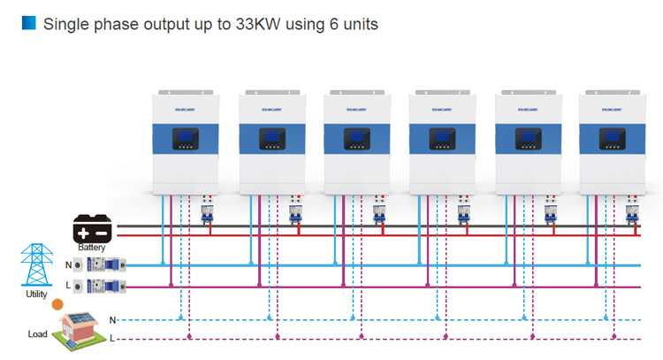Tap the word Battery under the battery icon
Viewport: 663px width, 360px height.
(x=92, y=249)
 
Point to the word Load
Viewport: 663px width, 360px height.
(x=36, y=334)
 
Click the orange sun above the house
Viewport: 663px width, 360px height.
(x=57, y=304)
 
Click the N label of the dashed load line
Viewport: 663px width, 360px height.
(x=112, y=318)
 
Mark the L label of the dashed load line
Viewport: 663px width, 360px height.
(x=112, y=339)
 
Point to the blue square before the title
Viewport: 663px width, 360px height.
(x=28, y=24)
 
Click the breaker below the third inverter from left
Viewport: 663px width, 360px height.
(x=378, y=213)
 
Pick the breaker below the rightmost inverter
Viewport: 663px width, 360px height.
(x=633, y=213)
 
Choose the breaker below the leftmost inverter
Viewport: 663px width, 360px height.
(x=209, y=213)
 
